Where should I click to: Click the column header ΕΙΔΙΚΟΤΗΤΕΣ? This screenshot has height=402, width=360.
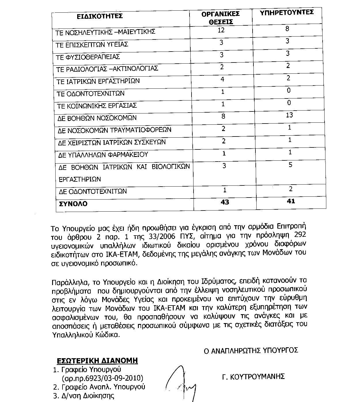pos(99,16)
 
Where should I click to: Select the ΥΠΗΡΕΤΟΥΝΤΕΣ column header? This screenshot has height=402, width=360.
pos(287,13)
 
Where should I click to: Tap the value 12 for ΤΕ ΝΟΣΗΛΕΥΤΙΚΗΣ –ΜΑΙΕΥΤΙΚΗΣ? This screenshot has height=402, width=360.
pos(221,30)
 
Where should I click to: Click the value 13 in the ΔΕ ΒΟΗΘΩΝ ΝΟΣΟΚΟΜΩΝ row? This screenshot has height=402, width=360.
pos(289,115)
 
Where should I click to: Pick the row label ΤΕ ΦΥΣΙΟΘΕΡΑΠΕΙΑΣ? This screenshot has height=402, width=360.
pos(88,57)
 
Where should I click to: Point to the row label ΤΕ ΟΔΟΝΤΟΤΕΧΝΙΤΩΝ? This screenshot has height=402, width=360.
pos(91,94)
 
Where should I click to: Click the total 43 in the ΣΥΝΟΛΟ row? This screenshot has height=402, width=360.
pos(225,202)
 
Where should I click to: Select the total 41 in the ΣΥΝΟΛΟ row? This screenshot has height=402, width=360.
pos(291,201)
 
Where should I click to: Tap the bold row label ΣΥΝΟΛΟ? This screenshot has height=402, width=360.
pos(73,204)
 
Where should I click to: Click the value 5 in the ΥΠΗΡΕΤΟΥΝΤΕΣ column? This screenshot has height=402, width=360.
pos(290,165)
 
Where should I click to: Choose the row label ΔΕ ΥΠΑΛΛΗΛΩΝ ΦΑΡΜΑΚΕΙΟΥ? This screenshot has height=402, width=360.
pos(103,155)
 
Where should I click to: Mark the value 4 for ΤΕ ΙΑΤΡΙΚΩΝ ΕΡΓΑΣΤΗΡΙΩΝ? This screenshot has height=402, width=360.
pos(222,79)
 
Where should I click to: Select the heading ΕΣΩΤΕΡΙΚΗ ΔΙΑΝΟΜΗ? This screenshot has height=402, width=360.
pos(97,361)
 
